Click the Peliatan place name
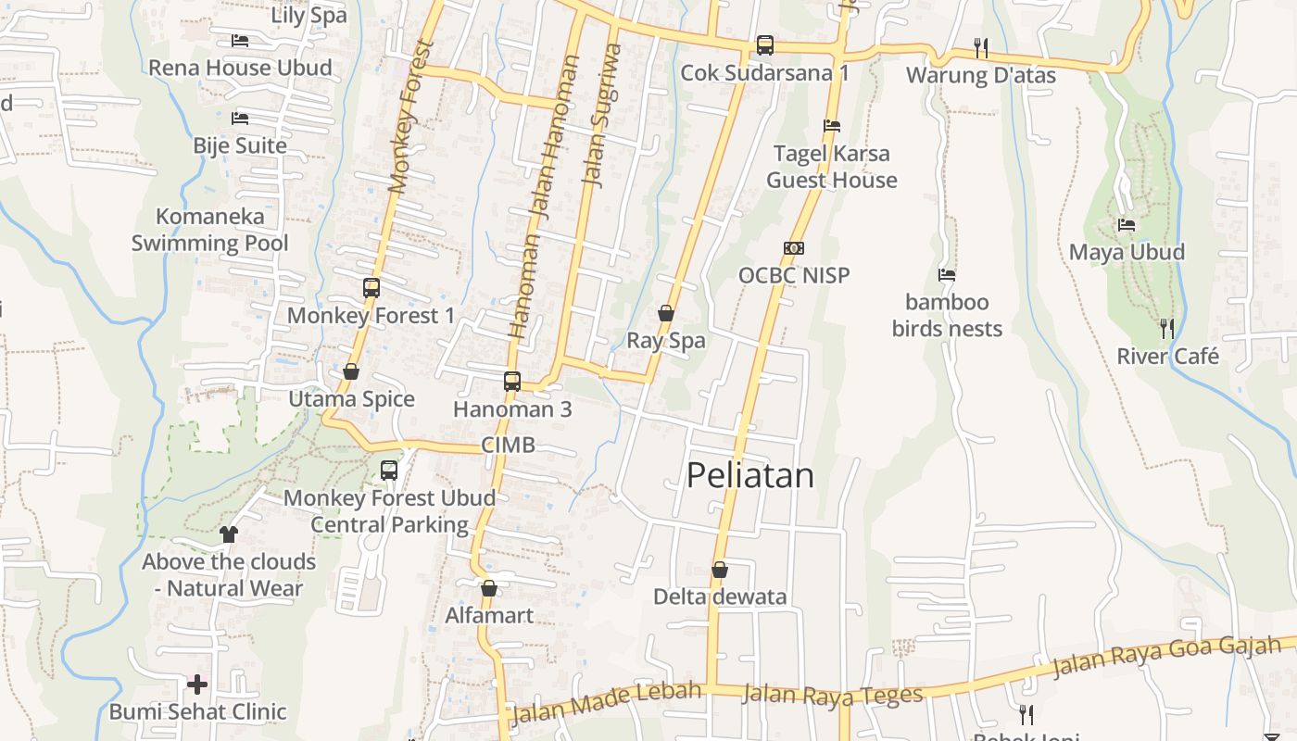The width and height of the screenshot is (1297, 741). click(x=750, y=475)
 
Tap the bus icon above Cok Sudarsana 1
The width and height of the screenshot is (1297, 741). click(x=765, y=44)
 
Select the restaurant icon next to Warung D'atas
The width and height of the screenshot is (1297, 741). click(x=981, y=47)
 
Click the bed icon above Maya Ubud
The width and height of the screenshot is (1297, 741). click(x=1127, y=224)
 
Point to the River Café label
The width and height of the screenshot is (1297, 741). click(x=1167, y=357)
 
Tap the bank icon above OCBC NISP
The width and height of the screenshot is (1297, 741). click(x=794, y=248)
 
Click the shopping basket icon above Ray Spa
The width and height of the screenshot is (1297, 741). click(x=666, y=313)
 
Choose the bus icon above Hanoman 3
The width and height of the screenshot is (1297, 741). click(x=512, y=381)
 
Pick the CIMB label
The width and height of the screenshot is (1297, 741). click(x=508, y=446)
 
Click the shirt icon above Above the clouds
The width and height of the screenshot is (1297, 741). click(x=229, y=534)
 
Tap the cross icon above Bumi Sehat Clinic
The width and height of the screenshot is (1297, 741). click(x=197, y=684)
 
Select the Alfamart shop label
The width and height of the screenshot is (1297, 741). click(x=489, y=616)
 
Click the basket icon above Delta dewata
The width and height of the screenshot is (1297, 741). click(x=720, y=570)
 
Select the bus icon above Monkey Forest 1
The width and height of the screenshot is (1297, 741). click(x=371, y=288)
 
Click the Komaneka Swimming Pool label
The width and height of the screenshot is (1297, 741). click(x=210, y=230)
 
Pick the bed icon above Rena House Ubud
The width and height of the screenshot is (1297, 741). click(x=240, y=41)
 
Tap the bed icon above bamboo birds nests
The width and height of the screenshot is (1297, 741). click(x=947, y=275)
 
